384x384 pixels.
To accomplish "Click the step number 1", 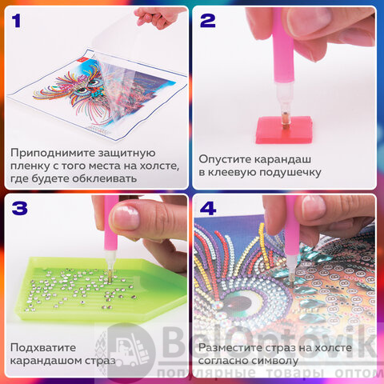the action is (x=17, y=21).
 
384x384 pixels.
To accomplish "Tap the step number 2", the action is (x=208, y=21).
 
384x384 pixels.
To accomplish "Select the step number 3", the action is (x=20, y=208).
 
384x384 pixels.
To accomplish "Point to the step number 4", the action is (x=208, y=208).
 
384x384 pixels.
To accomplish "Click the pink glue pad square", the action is (x=284, y=130).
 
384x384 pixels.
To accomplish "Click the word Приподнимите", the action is (x=53, y=153).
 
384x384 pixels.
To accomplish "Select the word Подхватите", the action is (x=43, y=347).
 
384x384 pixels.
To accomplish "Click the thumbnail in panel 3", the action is (x=125, y=217).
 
